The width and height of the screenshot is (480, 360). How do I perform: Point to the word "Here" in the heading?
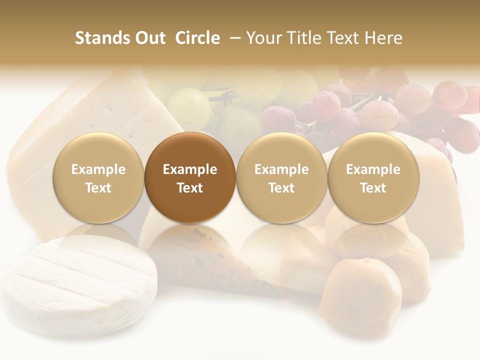(x=383, y=38)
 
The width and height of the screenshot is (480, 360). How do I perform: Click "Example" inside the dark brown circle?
(x=190, y=169)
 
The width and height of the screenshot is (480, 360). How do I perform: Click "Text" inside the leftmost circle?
(x=98, y=188)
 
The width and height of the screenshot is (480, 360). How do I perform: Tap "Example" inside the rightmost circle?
(x=373, y=169)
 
